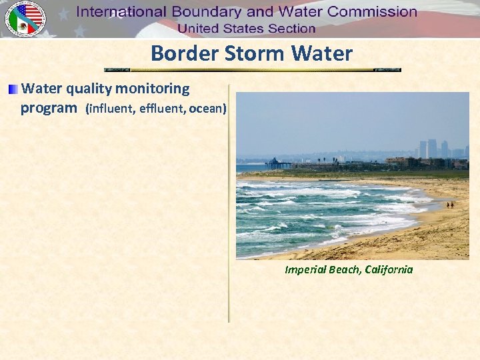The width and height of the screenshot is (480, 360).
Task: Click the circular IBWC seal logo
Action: [25, 19]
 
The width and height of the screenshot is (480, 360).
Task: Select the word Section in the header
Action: [291, 29]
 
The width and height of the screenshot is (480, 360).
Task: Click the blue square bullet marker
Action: [14, 89]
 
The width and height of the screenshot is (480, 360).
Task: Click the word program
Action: [49, 108]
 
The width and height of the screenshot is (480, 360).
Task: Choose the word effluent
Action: [163, 109]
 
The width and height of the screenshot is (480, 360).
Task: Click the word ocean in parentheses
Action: [207, 109]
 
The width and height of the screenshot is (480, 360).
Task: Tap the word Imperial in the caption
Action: [305, 270]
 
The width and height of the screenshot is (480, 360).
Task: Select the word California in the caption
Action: [389, 270]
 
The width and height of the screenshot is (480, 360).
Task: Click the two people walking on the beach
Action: [450, 205]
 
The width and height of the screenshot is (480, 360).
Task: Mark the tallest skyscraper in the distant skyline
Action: [432, 148]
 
